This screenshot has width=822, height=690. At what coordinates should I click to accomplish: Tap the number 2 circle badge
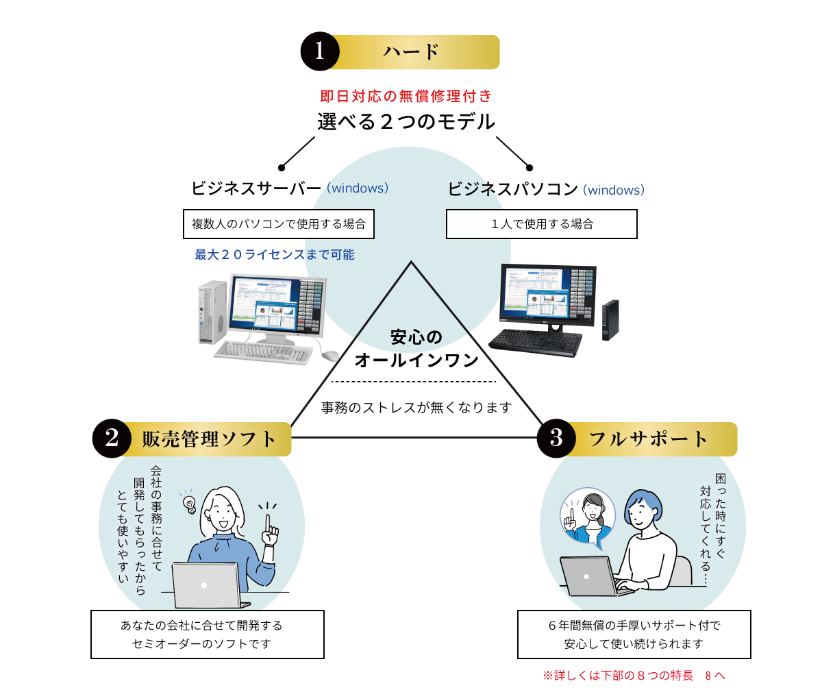point(112,439)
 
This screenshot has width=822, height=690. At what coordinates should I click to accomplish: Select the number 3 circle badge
point(556,439)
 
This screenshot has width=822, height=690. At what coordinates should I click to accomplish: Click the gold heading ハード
point(411,53)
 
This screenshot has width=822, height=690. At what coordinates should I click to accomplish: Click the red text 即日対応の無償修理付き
point(406,97)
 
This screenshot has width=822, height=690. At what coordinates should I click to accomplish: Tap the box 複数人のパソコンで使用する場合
point(279,224)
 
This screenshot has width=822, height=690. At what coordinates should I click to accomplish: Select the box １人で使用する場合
point(541,224)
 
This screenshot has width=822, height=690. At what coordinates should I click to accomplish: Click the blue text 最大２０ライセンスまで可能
point(275,255)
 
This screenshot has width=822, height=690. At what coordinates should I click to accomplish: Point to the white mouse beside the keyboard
point(330,355)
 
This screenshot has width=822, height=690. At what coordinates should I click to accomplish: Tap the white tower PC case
point(211,311)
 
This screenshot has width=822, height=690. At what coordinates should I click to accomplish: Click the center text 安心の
point(416,338)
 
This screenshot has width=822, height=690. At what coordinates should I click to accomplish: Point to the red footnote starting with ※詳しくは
point(634,676)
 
